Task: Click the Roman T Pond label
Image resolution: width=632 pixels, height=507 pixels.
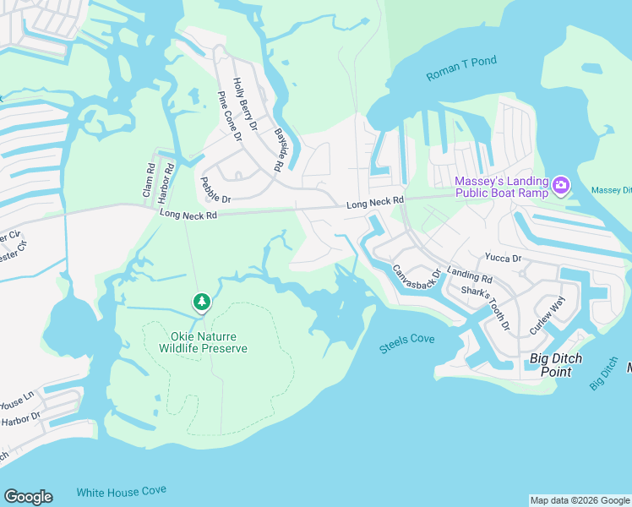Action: point(461,68)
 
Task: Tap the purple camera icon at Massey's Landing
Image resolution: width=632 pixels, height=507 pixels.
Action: point(561,184)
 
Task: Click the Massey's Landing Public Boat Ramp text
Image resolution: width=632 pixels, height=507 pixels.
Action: point(501,187)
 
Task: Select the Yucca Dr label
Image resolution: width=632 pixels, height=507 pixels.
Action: point(504,258)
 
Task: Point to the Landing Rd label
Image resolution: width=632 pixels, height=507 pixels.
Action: point(469,275)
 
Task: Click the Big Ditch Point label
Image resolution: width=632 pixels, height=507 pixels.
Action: point(556,365)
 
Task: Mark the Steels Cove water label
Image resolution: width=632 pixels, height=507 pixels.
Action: point(406,340)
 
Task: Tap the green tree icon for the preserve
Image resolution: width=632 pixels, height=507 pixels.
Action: point(201,301)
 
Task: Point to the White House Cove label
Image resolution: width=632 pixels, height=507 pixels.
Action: point(121,491)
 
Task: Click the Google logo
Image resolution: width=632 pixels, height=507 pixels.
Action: point(28,497)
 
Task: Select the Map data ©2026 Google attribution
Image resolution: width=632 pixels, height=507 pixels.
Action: point(579,500)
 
